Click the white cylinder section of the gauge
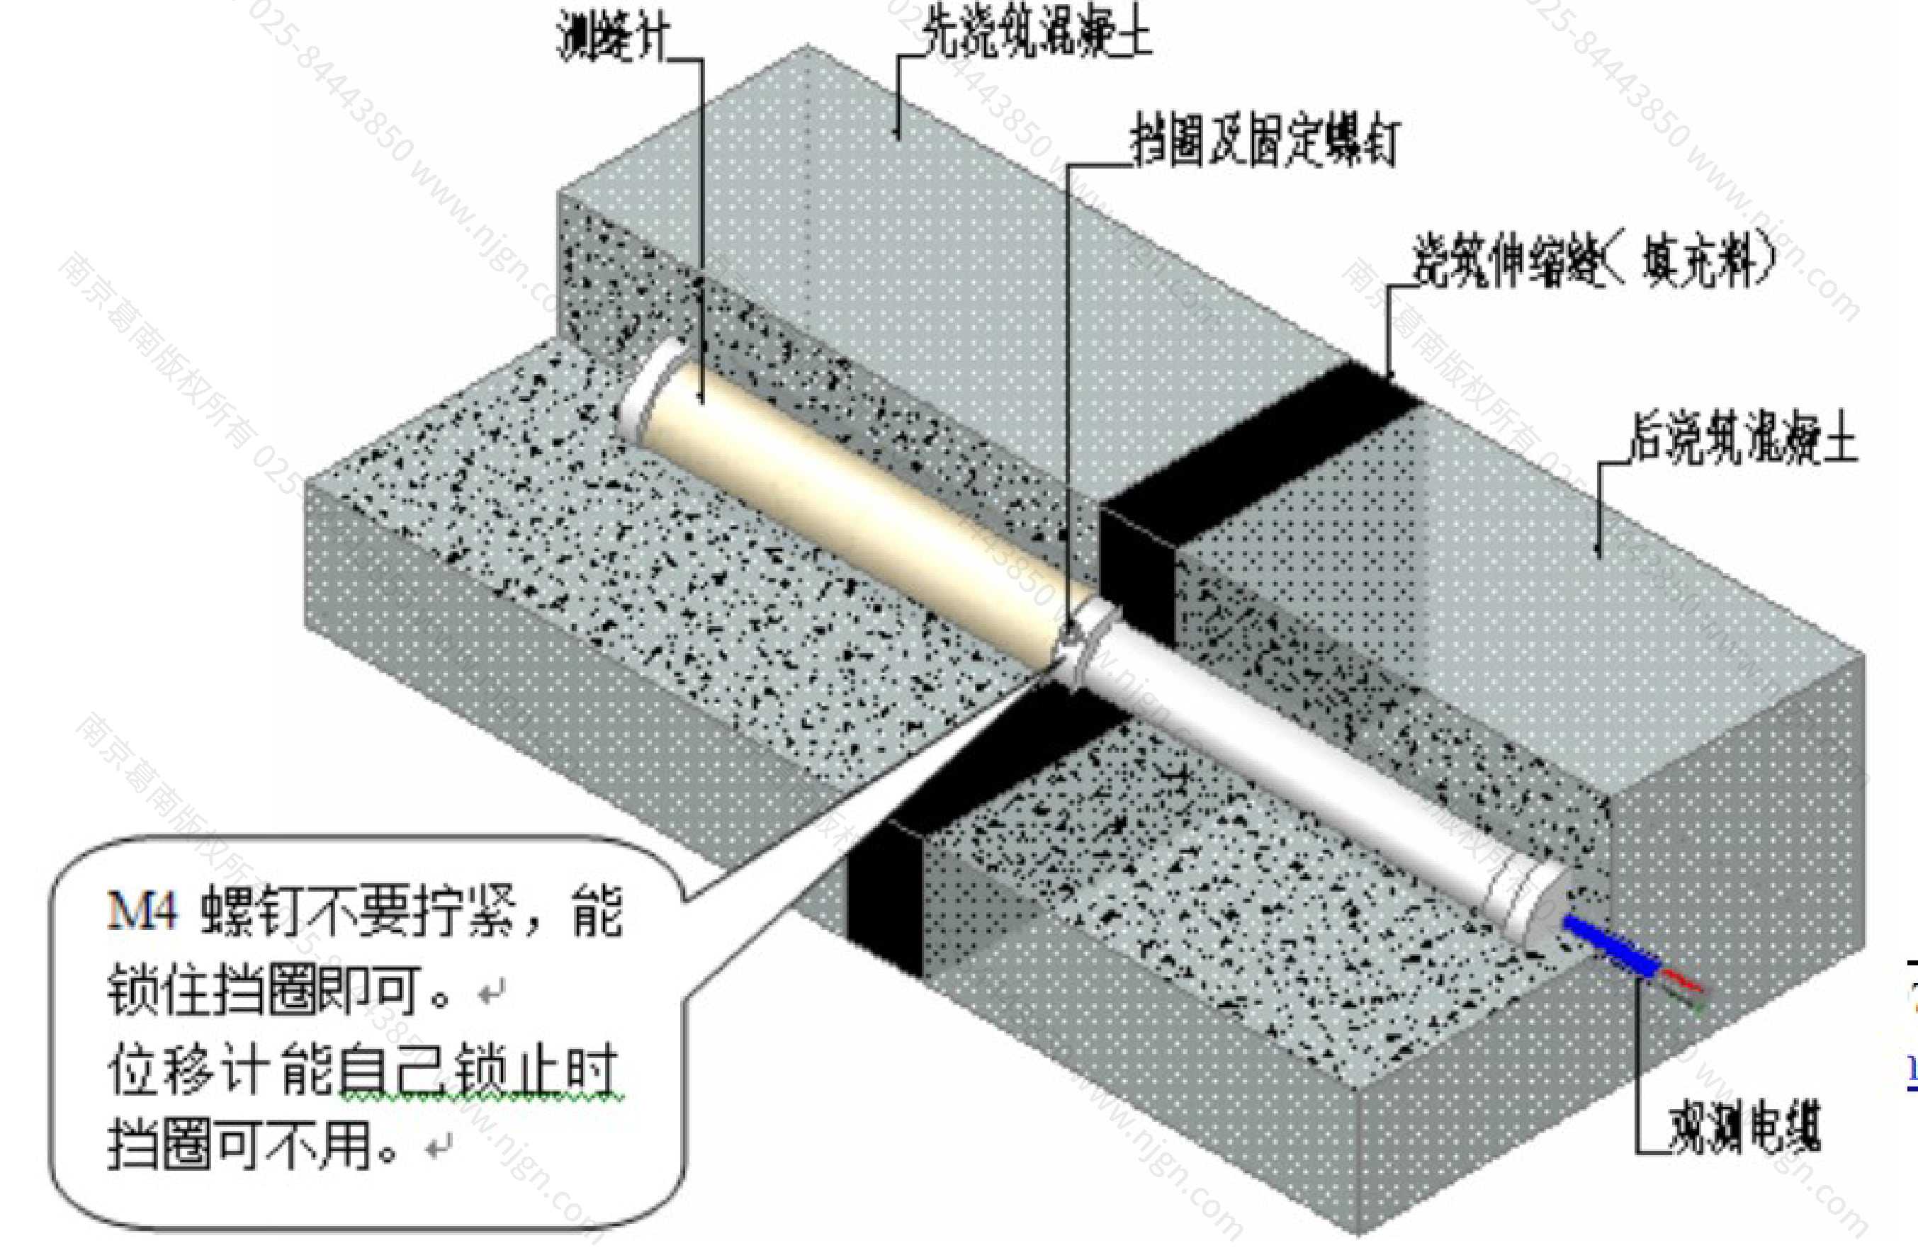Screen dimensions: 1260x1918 pos(1330,773)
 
